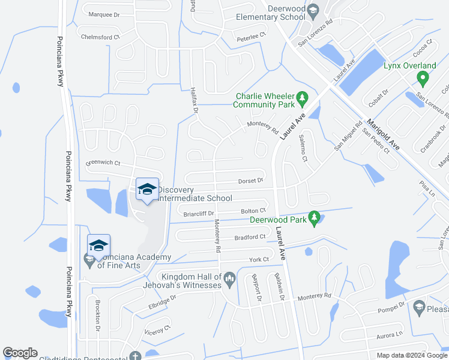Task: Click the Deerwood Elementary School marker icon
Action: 313,10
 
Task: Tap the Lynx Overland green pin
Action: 423,77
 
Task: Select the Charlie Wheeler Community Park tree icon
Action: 303,98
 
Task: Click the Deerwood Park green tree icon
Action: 313,218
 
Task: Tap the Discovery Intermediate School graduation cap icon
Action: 147,189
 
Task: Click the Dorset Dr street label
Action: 251,180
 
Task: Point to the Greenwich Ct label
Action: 103,163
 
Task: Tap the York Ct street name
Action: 259,259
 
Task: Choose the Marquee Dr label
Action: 104,14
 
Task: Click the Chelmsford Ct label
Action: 101,37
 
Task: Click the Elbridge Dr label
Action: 161,301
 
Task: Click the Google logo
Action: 20,353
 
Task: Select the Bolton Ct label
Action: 253,211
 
